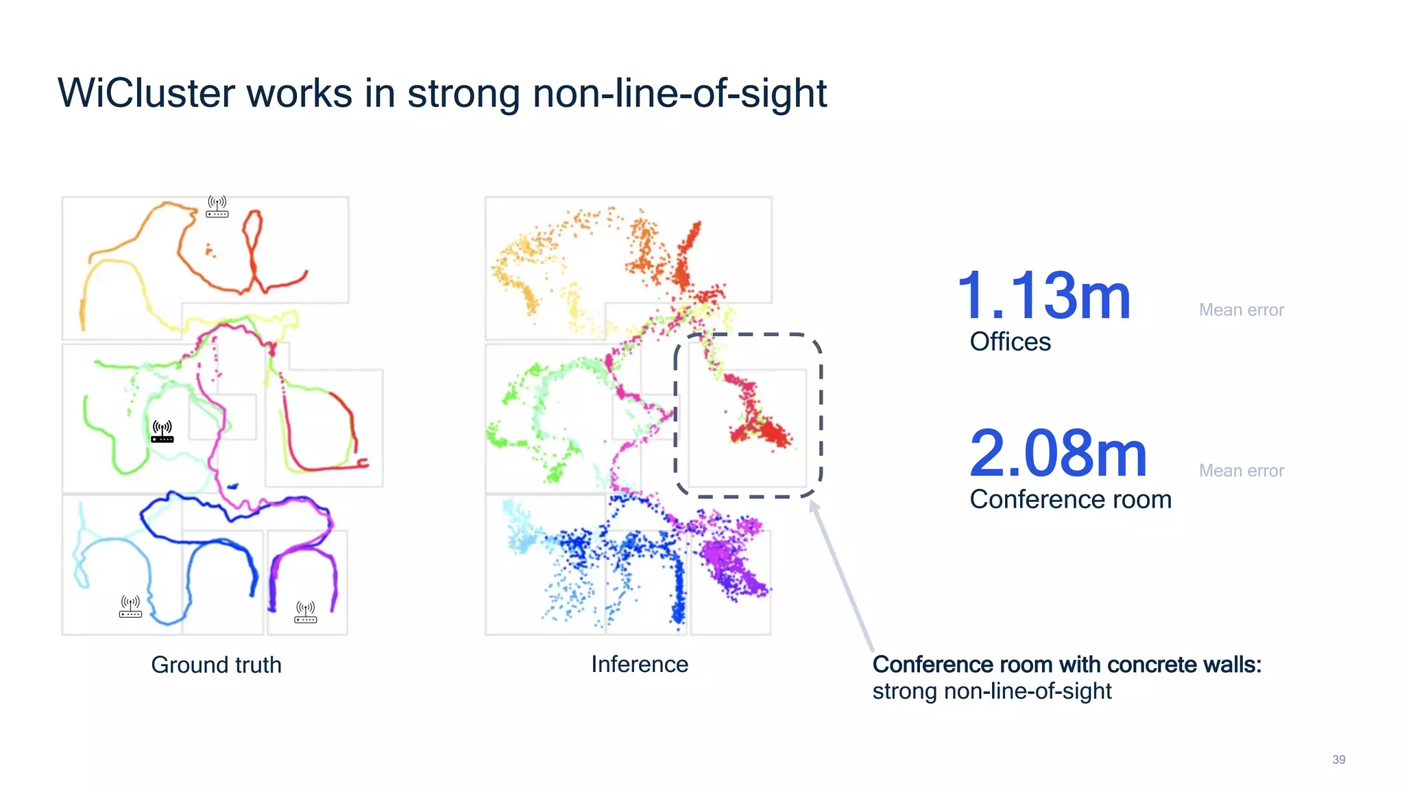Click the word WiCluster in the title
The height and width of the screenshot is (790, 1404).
click(x=146, y=93)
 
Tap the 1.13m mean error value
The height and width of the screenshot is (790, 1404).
click(x=1043, y=296)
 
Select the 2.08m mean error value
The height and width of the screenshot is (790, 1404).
click(x=1058, y=454)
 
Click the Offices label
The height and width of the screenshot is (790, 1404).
click(x=1010, y=342)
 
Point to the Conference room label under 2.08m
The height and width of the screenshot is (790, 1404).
click(x=1070, y=499)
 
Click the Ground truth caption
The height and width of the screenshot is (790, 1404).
click(x=216, y=665)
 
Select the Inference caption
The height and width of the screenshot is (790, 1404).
click(x=640, y=664)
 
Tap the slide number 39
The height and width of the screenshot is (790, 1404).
click(x=1338, y=759)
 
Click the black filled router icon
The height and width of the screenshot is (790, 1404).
click(x=162, y=432)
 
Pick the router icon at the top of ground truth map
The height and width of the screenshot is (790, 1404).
click(x=217, y=206)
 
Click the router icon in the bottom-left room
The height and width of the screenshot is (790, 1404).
click(x=130, y=606)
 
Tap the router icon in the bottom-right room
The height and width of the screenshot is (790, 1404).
click(x=306, y=612)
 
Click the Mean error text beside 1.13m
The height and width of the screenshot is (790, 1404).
click(x=1241, y=310)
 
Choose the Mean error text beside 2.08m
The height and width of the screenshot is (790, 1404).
click(x=1241, y=470)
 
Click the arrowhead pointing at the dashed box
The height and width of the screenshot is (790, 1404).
click(x=814, y=506)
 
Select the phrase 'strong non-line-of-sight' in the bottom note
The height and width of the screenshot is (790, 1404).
click(x=991, y=691)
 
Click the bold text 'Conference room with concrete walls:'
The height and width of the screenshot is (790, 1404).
click(x=1066, y=665)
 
